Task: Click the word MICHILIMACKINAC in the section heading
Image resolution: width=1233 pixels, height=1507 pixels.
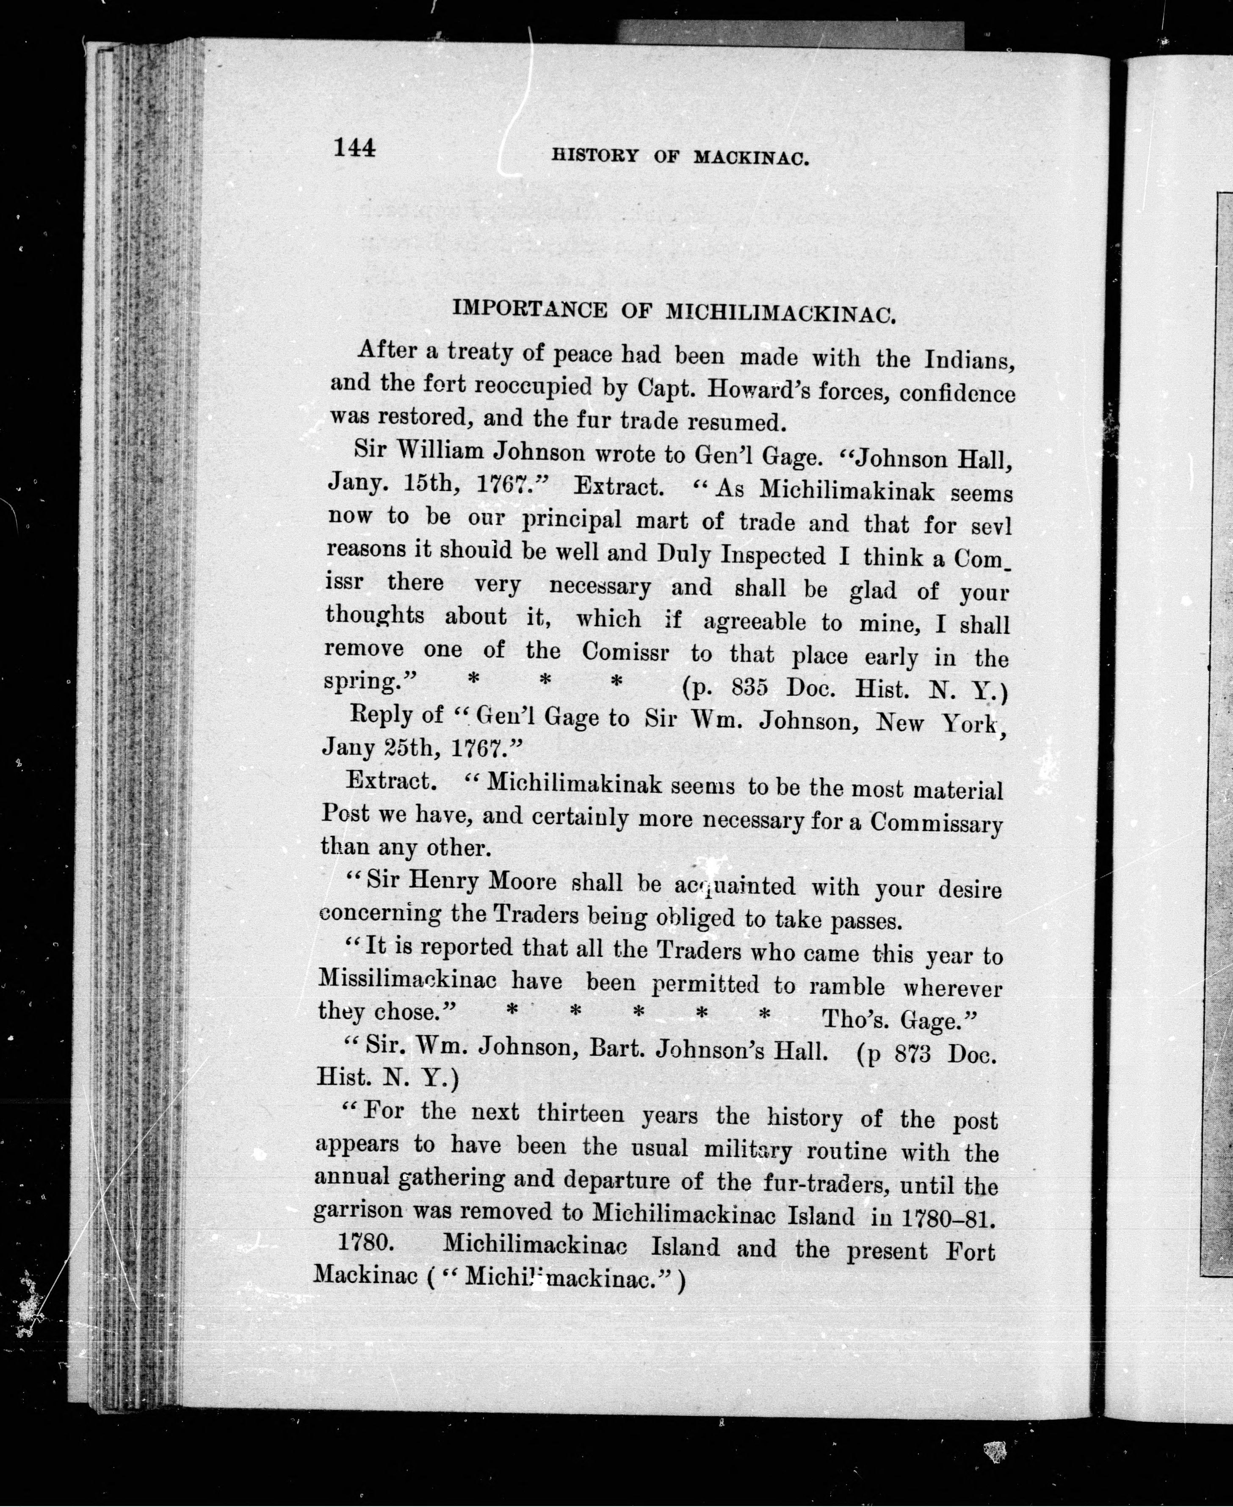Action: click(778, 314)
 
